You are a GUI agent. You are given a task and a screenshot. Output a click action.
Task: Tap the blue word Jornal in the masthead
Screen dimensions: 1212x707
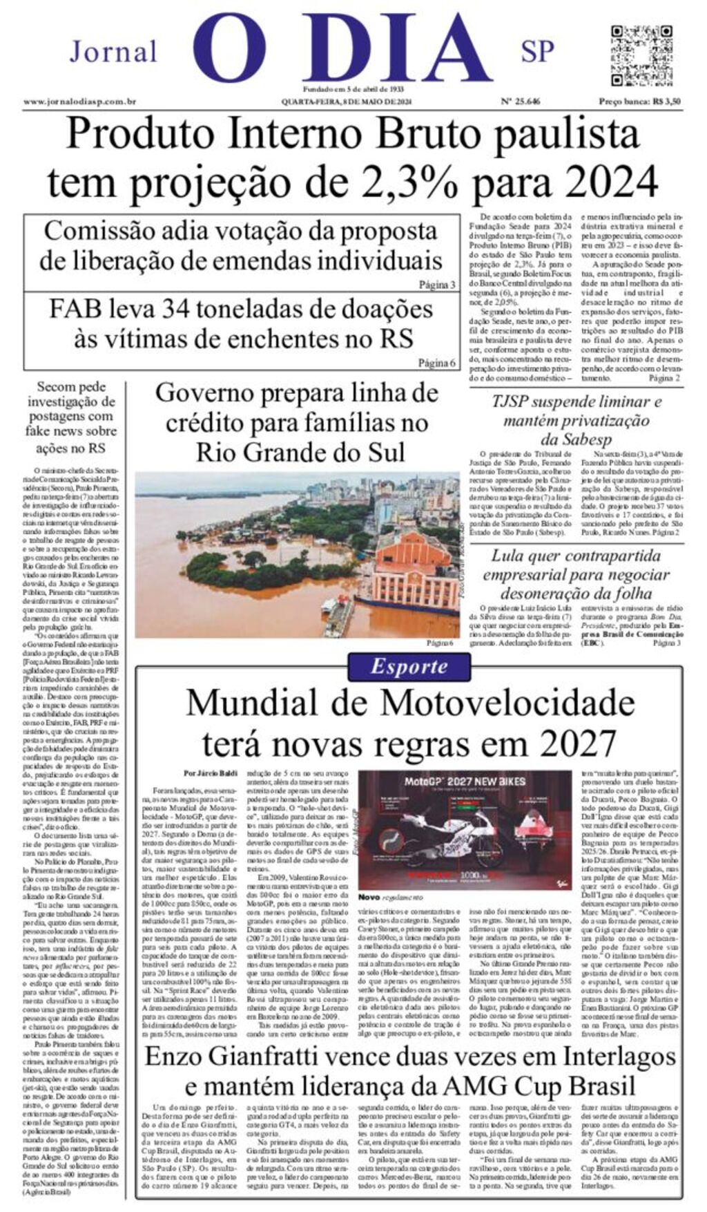click(113, 52)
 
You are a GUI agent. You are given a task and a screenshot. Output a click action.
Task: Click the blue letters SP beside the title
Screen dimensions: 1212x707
click(537, 51)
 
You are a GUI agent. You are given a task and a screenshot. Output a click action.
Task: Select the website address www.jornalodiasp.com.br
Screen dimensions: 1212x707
click(79, 102)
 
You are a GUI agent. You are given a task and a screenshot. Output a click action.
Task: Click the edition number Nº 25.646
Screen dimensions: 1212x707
click(520, 102)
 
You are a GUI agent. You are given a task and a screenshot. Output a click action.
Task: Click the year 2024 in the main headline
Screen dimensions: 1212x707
click(608, 182)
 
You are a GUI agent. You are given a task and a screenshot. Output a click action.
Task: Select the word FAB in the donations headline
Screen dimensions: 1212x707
click(75, 309)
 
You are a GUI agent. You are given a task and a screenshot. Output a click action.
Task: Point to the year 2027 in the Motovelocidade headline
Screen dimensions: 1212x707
click(577, 744)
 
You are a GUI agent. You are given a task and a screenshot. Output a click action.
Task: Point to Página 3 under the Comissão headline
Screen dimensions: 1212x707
click(437, 285)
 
